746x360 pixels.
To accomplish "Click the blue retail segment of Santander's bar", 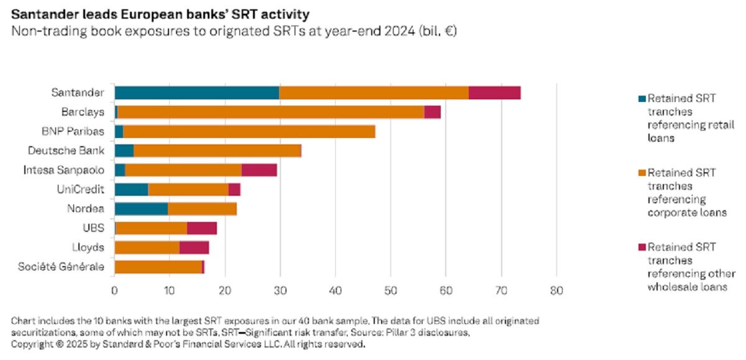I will [196, 93].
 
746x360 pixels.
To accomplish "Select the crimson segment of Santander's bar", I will [494, 93].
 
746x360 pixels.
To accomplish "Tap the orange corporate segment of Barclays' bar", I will [270, 112].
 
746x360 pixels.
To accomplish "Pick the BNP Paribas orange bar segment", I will [249, 131].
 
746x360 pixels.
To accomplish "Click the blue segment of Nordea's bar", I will [141, 209].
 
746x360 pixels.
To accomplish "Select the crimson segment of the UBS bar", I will [201, 228].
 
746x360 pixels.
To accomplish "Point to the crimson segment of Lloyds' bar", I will [194, 247].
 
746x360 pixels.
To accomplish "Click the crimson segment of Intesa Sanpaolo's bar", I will [259, 170].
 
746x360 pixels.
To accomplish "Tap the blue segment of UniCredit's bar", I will [131, 190].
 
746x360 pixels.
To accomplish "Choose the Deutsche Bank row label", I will [66, 150].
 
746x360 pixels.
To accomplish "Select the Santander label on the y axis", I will [77, 93].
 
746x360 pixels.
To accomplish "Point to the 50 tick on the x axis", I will [390, 290].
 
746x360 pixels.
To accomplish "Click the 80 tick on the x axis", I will [556, 290].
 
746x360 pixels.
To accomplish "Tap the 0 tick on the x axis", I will [114, 290].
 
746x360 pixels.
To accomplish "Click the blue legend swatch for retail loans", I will [642, 98].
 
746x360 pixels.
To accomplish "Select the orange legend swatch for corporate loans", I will [642, 172].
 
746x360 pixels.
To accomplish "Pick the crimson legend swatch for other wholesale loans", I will [642, 247].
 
